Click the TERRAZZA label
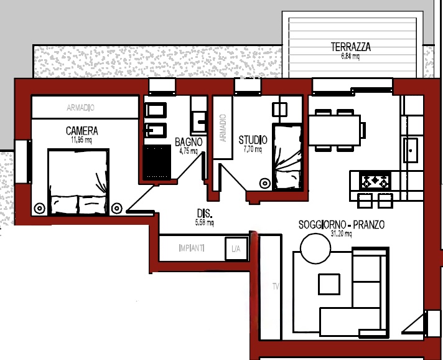[x=351, y=47]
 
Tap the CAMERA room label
[x=82, y=131]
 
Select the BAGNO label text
[x=188, y=141]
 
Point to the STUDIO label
[x=253, y=140]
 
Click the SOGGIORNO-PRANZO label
[x=341, y=224]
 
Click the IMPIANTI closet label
[x=191, y=249]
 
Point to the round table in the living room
[x=315, y=250]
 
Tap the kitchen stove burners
[x=376, y=181]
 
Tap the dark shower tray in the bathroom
[x=158, y=161]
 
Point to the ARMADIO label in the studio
[x=223, y=128]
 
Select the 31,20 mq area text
[x=341, y=234]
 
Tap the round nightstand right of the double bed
[x=116, y=208]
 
